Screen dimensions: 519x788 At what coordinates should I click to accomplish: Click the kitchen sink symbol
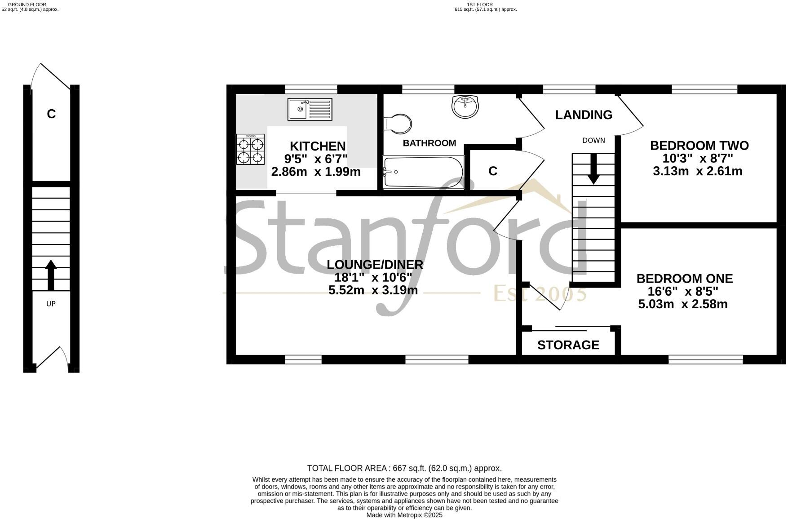click(310, 109)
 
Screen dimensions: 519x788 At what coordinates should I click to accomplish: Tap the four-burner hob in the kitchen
click(251, 150)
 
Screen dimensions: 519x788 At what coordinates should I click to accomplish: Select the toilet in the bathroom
click(398, 124)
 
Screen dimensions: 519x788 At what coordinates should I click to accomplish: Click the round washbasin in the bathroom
click(465, 107)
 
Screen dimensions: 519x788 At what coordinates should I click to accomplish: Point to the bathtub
click(423, 172)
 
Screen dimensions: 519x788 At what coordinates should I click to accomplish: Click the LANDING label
click(584, 115)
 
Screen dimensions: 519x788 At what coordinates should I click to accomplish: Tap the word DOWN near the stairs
click(593, 140)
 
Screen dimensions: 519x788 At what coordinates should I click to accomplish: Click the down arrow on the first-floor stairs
click(593, 169)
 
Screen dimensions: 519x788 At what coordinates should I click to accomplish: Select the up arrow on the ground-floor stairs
click(51, 275)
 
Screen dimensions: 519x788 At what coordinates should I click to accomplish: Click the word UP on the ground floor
click(51, 304)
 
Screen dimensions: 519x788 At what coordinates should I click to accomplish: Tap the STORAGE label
click(568, 345)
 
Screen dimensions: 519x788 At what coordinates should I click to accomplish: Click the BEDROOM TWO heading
click(699, 146)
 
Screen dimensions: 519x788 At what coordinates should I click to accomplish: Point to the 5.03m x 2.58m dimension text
click(682, 304)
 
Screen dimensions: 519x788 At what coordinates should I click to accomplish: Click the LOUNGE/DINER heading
click(375, 265)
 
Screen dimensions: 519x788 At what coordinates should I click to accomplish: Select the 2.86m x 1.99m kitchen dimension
click(316, 172)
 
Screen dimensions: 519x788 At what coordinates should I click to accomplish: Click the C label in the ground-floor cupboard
click(51, 114)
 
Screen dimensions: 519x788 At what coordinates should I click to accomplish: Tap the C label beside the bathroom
click(493, 171)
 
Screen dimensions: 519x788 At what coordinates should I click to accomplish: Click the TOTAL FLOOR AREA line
click(404, 468)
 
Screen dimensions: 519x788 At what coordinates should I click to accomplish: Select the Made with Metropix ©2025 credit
click(404, 515)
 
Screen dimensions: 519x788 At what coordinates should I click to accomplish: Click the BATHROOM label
click(429, 143)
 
